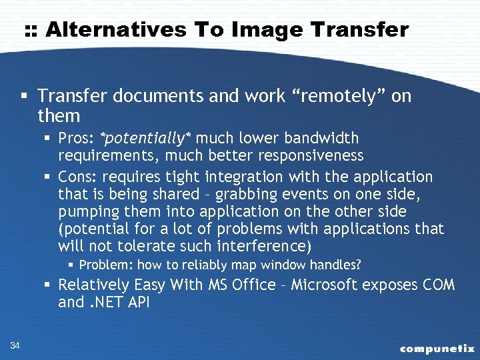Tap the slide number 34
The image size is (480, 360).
tap(15, 344)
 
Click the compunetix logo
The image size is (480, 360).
tap(437, 348)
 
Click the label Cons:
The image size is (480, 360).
tap(77, 177)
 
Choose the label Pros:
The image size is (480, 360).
tap(77, 139)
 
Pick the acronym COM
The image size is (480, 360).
tap(439, 285)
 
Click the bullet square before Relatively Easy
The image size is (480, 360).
tap(48, 285)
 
